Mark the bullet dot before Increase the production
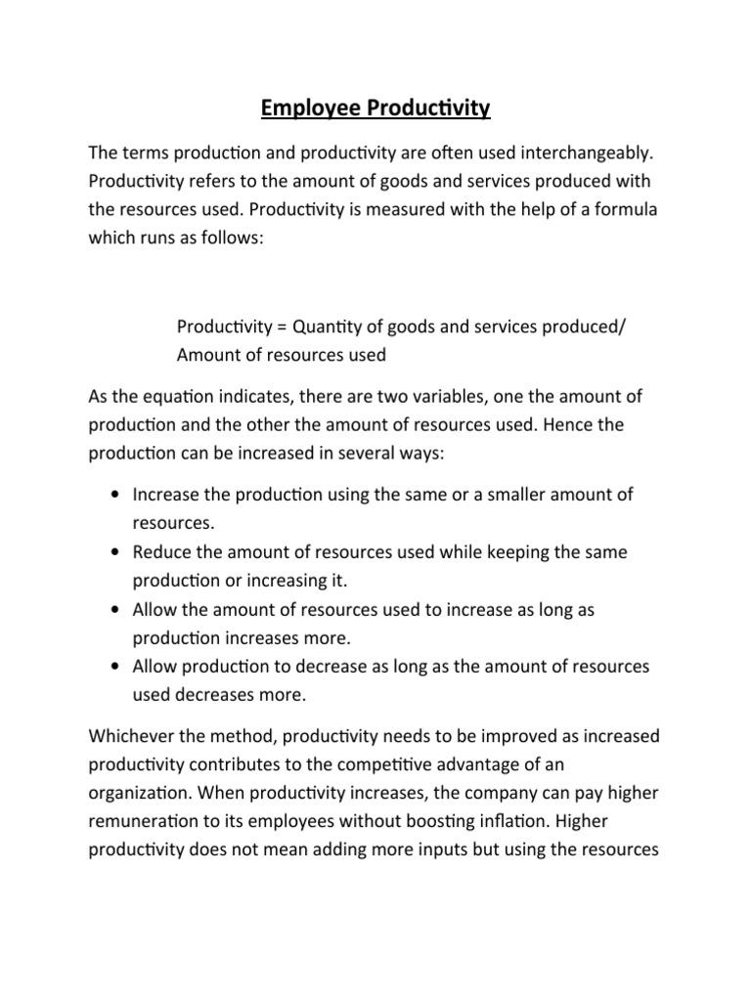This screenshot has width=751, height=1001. [x=116, y=496]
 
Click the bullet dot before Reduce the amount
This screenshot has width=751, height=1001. [x=116, y=553]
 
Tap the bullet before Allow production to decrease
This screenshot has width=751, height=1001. [x=116, y=668]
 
